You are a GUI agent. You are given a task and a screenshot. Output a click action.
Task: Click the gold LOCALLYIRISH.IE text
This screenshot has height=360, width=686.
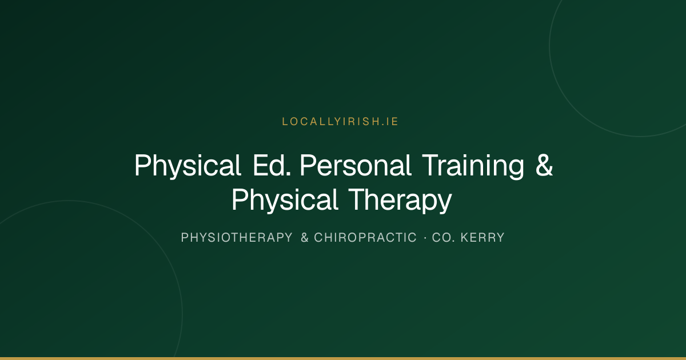(x=340, y=122)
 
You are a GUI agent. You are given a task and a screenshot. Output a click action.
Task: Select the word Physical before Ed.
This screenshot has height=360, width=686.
(x=188, y=166)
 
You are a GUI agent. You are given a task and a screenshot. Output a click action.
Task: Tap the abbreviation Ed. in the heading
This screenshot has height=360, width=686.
(x=272, y=165)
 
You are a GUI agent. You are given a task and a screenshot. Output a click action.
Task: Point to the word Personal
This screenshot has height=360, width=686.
(x=355, y=165)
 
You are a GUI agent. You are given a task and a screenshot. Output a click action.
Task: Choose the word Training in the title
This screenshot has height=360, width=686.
(x=473, y=166)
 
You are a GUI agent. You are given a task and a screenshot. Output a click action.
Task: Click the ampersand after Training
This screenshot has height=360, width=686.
(x=544, y=165)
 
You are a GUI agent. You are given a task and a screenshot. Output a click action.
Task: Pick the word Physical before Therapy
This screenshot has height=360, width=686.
(x=285, y=200)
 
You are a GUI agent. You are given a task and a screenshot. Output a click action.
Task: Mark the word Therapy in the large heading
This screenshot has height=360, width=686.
(x=400, y=200)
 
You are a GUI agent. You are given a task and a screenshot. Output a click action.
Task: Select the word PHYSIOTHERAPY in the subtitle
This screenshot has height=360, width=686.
(x=237, y=238)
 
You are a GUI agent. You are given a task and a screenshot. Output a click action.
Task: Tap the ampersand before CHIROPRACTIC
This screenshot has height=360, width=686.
(x=305, y=238)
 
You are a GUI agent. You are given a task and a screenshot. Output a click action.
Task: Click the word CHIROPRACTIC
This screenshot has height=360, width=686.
(x=365, y=238)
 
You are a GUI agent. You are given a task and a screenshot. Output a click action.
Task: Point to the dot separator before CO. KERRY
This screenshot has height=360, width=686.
(x=425, y=238)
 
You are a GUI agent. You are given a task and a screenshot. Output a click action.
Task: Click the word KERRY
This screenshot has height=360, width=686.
(x=482, y=238)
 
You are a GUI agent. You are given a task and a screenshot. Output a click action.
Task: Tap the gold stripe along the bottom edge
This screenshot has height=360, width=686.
(x=343, y=358)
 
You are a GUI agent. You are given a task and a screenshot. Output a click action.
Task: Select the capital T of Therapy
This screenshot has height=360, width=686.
(x=357, y=199)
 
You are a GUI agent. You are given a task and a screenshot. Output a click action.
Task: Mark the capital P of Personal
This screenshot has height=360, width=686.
(x=308, y=165)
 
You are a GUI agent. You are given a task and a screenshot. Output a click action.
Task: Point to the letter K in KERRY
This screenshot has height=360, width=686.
(x=465, y=238)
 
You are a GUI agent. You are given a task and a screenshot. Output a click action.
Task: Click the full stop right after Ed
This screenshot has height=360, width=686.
(x=288, y=174)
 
